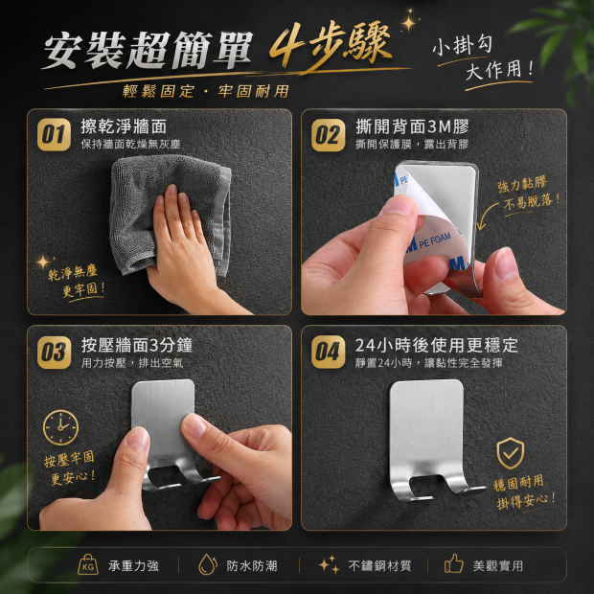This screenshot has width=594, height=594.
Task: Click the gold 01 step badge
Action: click(x=54, y=134)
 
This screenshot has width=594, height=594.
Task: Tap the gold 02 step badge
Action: click(x=328, y=135)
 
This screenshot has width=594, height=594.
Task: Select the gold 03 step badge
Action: click(x=54, y=353)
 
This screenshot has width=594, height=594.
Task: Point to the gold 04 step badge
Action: click(x=328, y=352)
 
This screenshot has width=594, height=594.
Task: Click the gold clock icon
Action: click(x=60, y=427)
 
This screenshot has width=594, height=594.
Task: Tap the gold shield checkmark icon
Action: click(x=511, y=453)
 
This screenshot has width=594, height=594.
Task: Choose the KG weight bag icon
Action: click(x=88, y=564)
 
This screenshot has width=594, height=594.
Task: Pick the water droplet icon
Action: click(x=208, y=564)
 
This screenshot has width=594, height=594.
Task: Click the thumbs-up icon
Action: click(x=454, y=563)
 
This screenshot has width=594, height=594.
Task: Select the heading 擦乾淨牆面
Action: click(x=124, y=126)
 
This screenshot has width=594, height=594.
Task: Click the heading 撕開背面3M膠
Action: click(x=412, y=126)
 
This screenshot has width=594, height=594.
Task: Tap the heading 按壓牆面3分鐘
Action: click(x=137, y=345)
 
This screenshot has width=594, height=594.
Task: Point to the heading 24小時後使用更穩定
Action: click(x=437, y=345)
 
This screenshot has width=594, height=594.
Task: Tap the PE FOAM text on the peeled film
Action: click(x=435, y=240)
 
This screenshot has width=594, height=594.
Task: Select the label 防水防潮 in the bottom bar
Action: click(x=252, y=566)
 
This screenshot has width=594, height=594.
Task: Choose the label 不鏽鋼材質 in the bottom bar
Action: click(x=379, y=566)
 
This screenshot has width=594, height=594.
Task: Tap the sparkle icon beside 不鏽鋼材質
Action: click(x=329, y=564)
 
